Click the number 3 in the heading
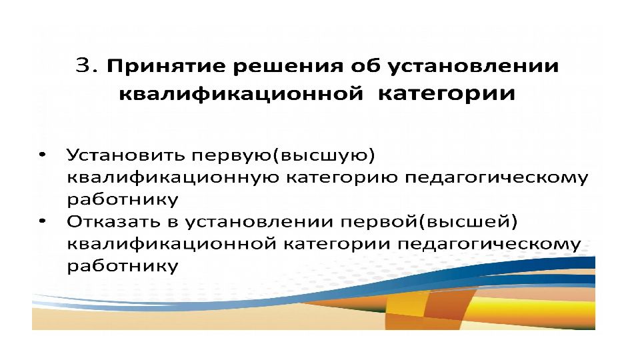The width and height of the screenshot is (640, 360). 83,65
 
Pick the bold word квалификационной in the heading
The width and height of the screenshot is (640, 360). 241,94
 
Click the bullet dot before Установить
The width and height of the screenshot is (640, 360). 43,155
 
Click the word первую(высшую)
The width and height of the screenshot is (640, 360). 283,156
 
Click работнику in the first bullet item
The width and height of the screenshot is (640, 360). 123,200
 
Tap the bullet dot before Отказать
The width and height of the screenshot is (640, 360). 43,221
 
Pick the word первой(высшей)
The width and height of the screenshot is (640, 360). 429,222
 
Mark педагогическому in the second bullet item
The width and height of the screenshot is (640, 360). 489,245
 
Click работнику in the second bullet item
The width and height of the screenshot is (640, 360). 123,266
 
